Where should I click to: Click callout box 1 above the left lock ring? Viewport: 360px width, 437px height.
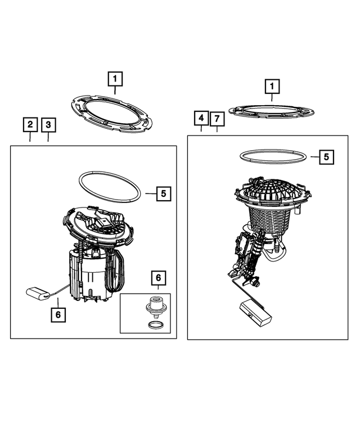point(115,79)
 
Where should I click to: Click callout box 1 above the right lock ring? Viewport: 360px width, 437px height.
point(272,87)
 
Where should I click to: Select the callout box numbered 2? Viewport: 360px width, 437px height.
point(30,125)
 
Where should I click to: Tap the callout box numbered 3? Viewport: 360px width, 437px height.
point(48,125)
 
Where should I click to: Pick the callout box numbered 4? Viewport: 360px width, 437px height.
point(201,118)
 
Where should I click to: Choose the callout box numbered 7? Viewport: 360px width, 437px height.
point(217,119)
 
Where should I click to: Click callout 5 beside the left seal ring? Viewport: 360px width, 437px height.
point(164,193)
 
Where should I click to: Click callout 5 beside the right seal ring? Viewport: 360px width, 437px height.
point(326,157)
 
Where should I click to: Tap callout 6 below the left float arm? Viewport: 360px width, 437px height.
point(58,314)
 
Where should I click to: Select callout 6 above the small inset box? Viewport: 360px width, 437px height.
point(159,278)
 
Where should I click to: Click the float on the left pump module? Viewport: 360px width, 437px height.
point(38,294)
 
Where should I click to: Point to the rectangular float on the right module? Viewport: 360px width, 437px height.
point(255,313)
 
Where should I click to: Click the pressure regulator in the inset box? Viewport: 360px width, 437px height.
point(156,308)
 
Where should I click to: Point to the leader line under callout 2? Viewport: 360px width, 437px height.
point(30,137)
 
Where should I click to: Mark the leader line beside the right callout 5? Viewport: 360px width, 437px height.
point(315,157)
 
